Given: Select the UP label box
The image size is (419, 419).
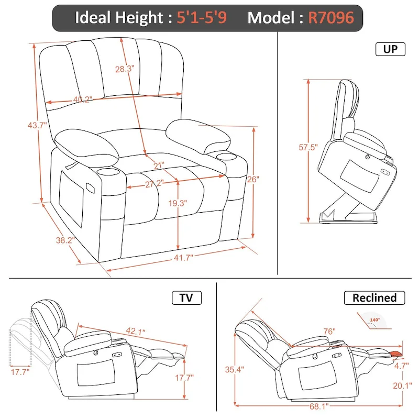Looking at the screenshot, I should click(x=390, y=50).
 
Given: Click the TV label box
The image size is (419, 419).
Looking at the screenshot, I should click(x=186, y=298).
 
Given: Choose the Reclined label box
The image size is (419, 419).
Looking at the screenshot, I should click(x=374, y=298).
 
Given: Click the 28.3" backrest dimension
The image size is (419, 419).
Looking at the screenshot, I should click(x=126, y=68).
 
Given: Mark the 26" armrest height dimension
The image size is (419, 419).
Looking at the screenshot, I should click(x=252, y=179).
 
